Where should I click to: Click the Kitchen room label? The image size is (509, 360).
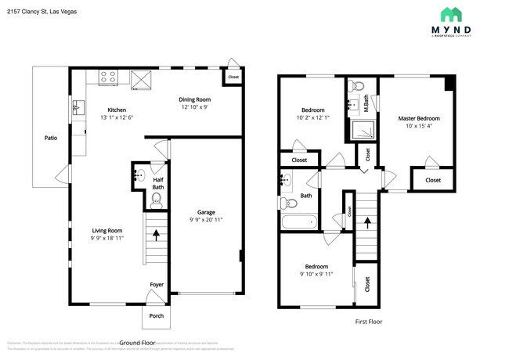click(117, 110)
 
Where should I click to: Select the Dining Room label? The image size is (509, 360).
click(195, 99)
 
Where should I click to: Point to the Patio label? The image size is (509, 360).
click(50, 138)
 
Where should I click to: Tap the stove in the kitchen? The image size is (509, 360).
click(109, 77)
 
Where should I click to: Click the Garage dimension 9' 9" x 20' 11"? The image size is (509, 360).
click(205, 220)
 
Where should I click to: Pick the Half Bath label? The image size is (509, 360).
click(157, 183)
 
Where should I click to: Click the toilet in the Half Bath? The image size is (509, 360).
click(157, 201)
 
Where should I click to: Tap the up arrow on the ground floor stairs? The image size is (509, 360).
click(157, 233)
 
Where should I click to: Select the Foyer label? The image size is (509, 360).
click(157, 284)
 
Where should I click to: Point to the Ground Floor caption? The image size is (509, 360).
click(141, 343)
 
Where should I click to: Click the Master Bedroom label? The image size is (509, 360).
click(419, 118)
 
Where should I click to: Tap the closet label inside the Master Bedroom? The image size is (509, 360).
click(432, 180)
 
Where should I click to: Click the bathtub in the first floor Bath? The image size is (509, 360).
click(299, 223)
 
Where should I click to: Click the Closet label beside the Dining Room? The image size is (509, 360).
click(233, 77)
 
